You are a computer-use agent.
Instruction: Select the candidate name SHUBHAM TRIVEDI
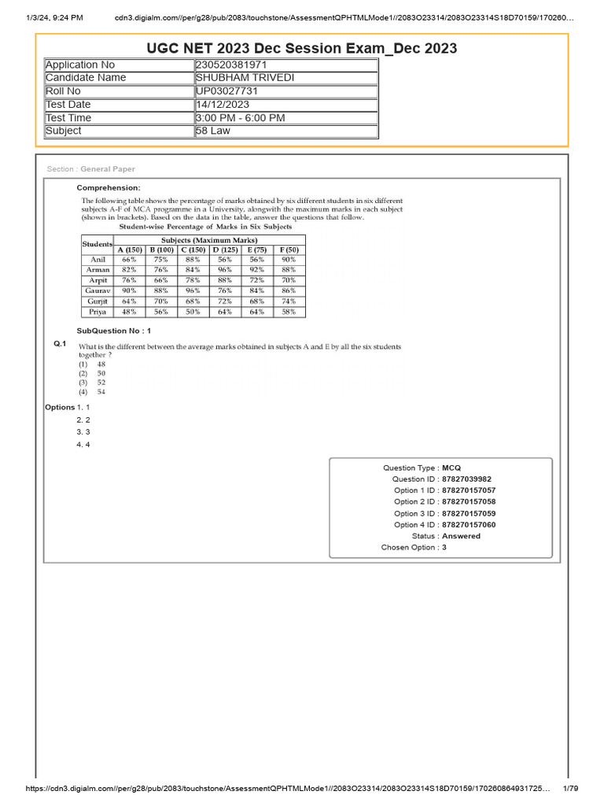[x=245, y=77]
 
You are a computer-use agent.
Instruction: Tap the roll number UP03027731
[x=227, y=91]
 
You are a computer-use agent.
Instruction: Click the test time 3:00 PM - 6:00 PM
[x=241, y=117]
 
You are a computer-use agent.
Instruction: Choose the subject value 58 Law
[x=213, y=131]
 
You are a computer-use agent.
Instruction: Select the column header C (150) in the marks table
[x=193, y=250]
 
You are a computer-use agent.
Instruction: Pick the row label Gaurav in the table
[x=98, y=290]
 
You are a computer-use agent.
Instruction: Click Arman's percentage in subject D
[x=225, y=269]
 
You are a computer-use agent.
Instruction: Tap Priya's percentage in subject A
[x=129, y=312]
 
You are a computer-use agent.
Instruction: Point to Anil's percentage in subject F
[x=289, y=259]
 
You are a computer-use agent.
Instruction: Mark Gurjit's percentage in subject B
[x=160, y=301]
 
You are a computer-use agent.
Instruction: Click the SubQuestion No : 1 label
[x=113, y=331]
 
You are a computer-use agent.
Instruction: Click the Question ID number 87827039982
[x=469, y=479]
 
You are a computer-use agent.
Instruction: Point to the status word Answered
[x=461, y=536]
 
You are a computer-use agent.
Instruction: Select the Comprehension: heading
[x=109, y=187]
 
